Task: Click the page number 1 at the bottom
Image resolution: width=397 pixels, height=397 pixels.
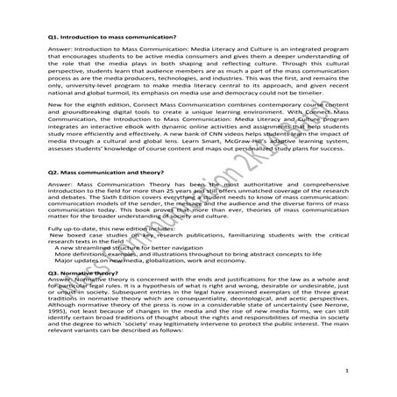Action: click(x=348, y=372)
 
